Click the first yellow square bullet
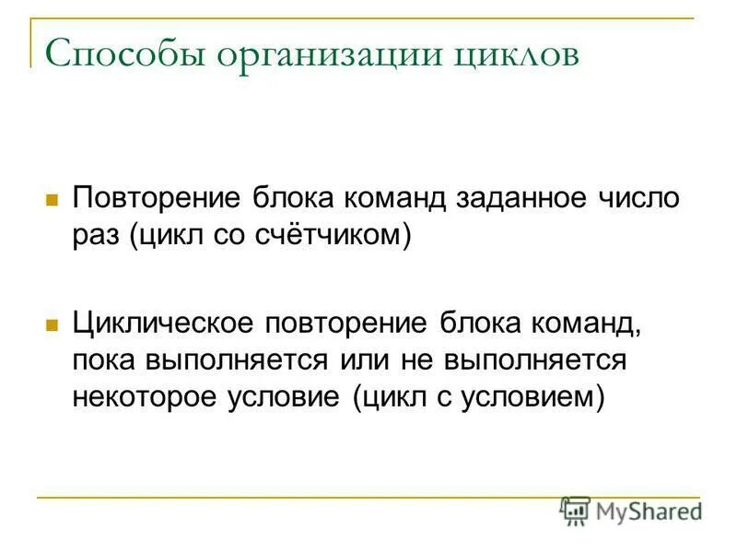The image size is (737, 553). (53, 198)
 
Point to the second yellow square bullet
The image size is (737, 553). (53, 325)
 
